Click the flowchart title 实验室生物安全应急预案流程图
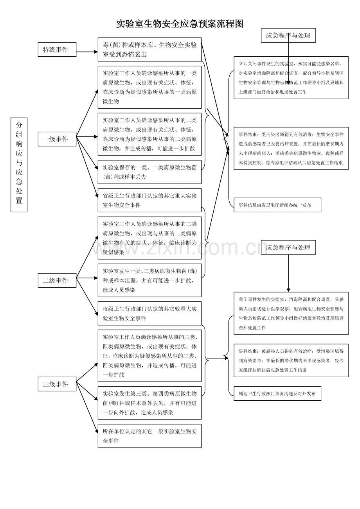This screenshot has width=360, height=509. [x=180, y=24]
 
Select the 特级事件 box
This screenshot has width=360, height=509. [x=57, y=50]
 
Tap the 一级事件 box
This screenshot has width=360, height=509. [x=57, y=139]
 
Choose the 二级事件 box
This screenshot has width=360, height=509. [x=57, y=280]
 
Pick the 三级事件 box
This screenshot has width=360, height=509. [x=57, y=384]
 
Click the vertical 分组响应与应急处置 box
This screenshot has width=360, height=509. [x=19, y=165]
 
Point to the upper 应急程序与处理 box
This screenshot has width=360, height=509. [x=288, y=36]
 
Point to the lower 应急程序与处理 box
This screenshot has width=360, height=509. [x=288, y=247]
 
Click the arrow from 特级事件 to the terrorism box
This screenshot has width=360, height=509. [x=87, y=51]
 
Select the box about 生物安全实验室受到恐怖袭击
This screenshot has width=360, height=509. [x=149, y=50]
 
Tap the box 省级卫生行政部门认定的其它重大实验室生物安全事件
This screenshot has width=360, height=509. [x=149, y=200]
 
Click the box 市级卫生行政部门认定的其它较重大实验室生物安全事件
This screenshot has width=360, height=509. [x=149, y=313]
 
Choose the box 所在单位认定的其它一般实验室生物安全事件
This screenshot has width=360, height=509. [x=149, y=436]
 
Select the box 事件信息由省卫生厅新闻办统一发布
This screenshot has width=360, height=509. [x=277, y=205]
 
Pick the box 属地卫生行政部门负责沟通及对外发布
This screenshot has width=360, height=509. [x=277, y=394]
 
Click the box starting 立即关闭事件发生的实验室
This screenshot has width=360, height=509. [x=291, y=77]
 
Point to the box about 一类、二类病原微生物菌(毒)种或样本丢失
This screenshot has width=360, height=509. [x=149, y=172]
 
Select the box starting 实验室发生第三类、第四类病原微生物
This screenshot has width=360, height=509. [x=149, y=403]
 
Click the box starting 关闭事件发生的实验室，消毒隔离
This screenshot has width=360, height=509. [x=291, y=313]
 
